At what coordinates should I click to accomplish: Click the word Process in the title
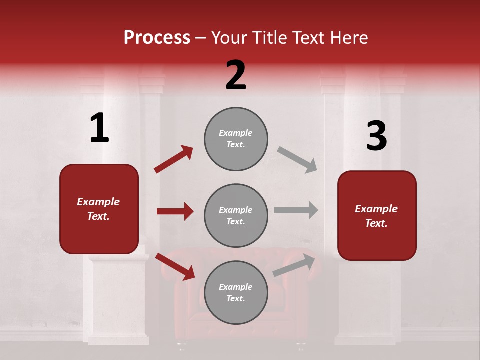click(x=157, y=38)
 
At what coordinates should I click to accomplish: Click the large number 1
click(x=99, y=128)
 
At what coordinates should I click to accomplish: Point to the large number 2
click(x=236, y=75)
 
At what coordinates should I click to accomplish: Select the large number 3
click(x=376, y=136)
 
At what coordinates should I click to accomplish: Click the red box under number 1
click(x=99, y=209)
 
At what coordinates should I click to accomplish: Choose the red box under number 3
click(x=377, y=216)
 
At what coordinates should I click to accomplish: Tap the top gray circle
click(x=236, y=139)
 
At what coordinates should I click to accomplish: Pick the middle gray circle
click(x=236, y=215)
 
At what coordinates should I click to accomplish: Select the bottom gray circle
click(x=236, y=292)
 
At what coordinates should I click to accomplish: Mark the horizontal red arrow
click(x=175, y=211)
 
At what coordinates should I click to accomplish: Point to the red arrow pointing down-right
click(x=175, y=266)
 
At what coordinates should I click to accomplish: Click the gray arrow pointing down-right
click(x=297, y=159)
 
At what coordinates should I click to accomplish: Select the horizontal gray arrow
click(x=296, y=210)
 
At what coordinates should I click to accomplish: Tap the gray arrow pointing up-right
click(x=294, y=265)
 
